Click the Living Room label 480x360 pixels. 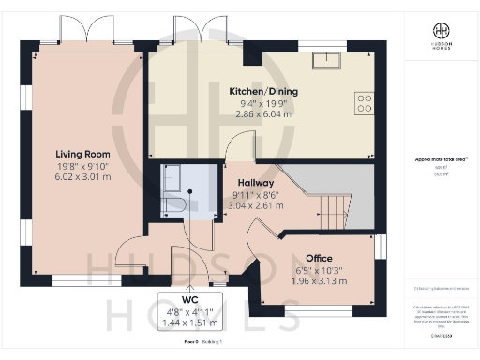tap(83, 154)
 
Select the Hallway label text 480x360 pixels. tap(255, 183)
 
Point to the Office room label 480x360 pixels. tap(319, 258)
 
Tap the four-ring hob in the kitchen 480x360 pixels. tap(363, 103)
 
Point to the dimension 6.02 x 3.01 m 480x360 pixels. tap(83, 175)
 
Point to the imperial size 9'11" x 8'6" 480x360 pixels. tap(255, 194)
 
